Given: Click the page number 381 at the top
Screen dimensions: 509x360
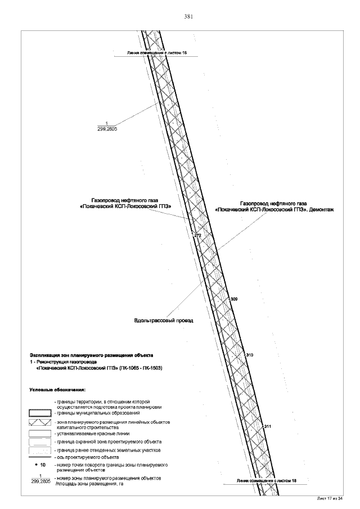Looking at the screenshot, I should (x=188, y=16).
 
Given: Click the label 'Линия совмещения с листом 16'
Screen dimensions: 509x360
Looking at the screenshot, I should (x=156, y=52).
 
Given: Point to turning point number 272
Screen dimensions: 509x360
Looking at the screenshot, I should (x=197, y=235).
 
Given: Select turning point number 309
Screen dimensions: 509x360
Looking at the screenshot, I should (x=234, y=299).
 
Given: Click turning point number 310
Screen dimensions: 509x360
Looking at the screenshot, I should (x=250, y=355).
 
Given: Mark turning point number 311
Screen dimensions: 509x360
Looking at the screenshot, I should (x=267, y=426).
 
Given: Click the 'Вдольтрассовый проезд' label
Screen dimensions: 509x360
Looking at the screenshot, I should (x=164, y=321).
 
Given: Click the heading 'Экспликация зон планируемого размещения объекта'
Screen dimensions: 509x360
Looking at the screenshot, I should (x=91, y=356).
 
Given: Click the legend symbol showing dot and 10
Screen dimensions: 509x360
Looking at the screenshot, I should (x=40, y=466).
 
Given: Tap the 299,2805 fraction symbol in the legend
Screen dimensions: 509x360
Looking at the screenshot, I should (x=40, y=479).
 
